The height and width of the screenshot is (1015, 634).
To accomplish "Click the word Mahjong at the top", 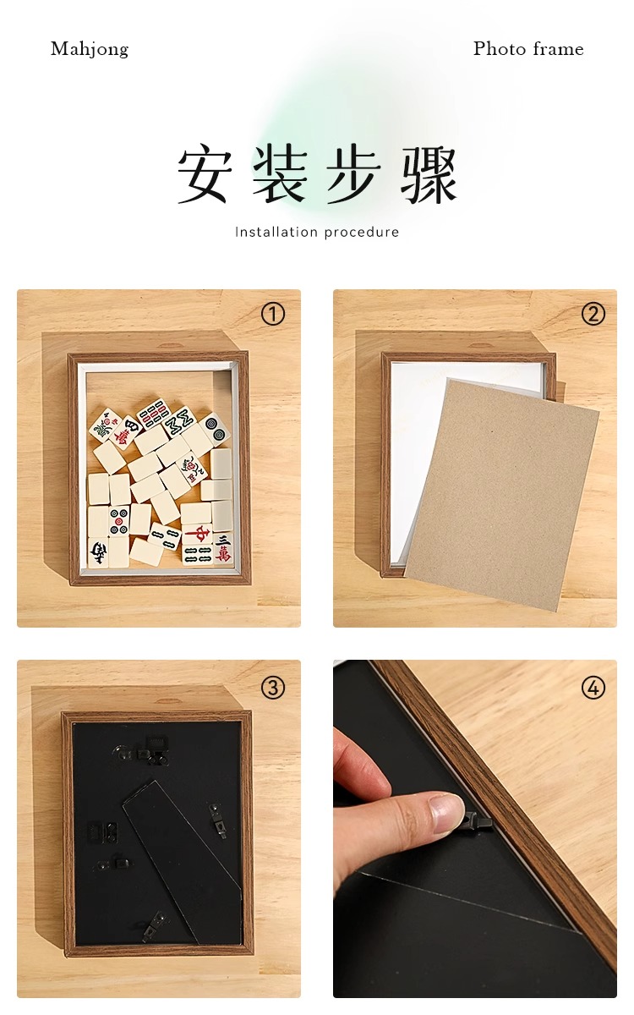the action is click(x=90, y=49).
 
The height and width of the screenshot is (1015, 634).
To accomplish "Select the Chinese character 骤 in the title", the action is click(x=429, y=174).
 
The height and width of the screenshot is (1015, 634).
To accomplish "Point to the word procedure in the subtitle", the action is click(x=362, y=233).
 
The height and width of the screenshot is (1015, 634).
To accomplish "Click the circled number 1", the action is click(x=273, y=314).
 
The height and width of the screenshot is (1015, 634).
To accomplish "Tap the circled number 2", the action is click(x=593, y=314).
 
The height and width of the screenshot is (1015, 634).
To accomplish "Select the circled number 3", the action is click(x=273, y=688).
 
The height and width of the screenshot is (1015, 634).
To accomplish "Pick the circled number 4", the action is click(x=593, y=688).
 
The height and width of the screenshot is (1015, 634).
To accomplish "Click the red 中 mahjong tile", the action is click(x=198, y=535).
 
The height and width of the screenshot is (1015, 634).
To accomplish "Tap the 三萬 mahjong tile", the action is click(x=223, y=547).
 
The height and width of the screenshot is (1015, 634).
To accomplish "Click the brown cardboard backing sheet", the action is click(x=502, y=494).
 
